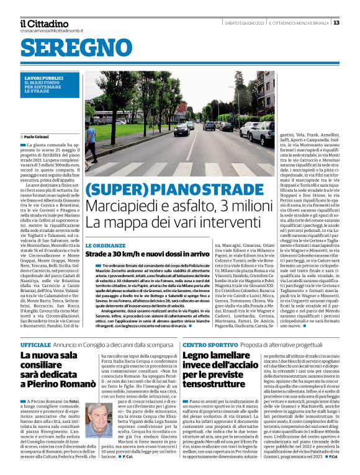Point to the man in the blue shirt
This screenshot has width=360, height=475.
point(91,140)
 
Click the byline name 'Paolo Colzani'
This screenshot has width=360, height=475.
point(38,136)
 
